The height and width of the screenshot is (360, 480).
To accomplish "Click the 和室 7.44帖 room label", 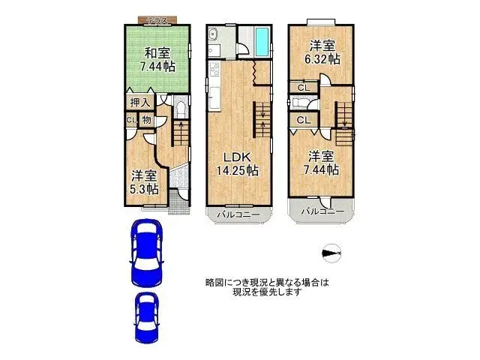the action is coord(157,60).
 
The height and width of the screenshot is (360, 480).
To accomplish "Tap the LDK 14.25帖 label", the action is coord(238,163).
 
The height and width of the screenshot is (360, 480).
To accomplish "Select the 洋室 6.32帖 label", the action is coord(322,52).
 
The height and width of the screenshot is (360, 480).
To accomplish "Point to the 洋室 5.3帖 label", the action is coord(144,182).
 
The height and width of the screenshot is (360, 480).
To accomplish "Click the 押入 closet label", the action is coord(140,103).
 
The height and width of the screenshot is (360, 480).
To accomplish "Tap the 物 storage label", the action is coord(147,120).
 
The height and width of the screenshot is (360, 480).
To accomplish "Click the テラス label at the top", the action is coord(157,21).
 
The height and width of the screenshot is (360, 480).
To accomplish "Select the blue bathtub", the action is coord(262,42).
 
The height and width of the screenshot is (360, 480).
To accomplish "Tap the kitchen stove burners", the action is coord(214,70).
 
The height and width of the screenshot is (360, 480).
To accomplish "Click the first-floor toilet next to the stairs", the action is coord(181,108).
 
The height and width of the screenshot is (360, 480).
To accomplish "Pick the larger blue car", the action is coord(147,252).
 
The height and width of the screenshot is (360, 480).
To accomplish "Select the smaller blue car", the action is coord(147,318).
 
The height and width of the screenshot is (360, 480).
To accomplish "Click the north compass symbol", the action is coord(331,253).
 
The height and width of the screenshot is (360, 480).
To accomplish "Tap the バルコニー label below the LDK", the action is coord(238,214).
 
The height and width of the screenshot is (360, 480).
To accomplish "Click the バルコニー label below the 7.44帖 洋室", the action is coord(322,211).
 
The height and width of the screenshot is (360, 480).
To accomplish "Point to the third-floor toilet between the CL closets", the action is coord(298,103).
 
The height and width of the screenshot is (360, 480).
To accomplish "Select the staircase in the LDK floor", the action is coord(262,120).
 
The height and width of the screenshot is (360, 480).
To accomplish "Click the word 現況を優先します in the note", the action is coord(267,292).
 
